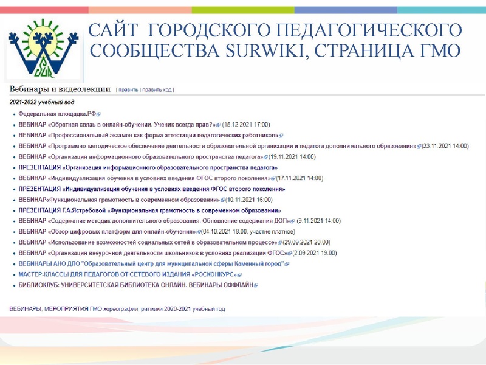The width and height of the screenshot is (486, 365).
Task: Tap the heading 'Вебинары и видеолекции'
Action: pos(59,89)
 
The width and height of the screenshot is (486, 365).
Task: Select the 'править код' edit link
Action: pos(157,90)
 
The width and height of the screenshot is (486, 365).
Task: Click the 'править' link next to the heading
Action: pos(128,90)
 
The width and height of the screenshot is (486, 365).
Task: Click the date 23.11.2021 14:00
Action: pos(445,146)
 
